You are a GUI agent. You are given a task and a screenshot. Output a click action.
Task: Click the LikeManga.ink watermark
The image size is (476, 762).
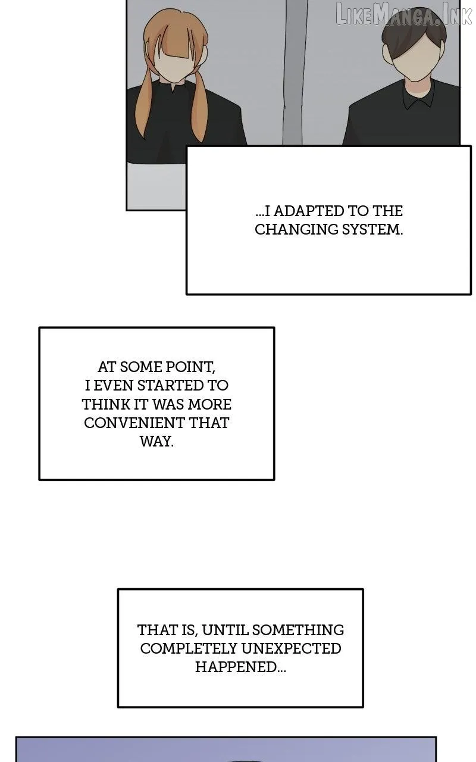[x=404, y=14]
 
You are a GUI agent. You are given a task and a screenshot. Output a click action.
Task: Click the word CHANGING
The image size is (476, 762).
[x=296, y=230]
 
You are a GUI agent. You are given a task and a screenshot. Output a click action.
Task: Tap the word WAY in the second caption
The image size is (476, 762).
[x=156, y=442]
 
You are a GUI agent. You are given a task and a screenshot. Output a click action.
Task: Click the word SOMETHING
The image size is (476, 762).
[x=298, y=630]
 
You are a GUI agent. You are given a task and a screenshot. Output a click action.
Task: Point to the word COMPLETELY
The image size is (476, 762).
[x=189, y=648]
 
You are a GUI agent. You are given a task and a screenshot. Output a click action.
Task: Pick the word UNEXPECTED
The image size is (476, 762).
[x=291, y=648]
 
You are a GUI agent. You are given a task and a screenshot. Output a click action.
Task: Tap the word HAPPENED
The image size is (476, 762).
[x=240, y=667]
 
